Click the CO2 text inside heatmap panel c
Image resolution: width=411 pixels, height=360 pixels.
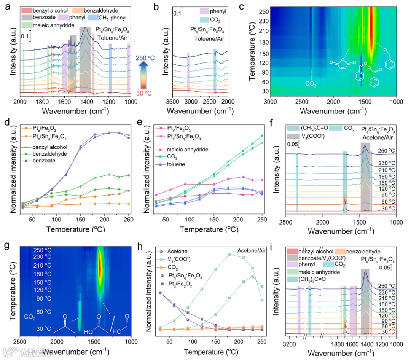(x=311, y=84)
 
